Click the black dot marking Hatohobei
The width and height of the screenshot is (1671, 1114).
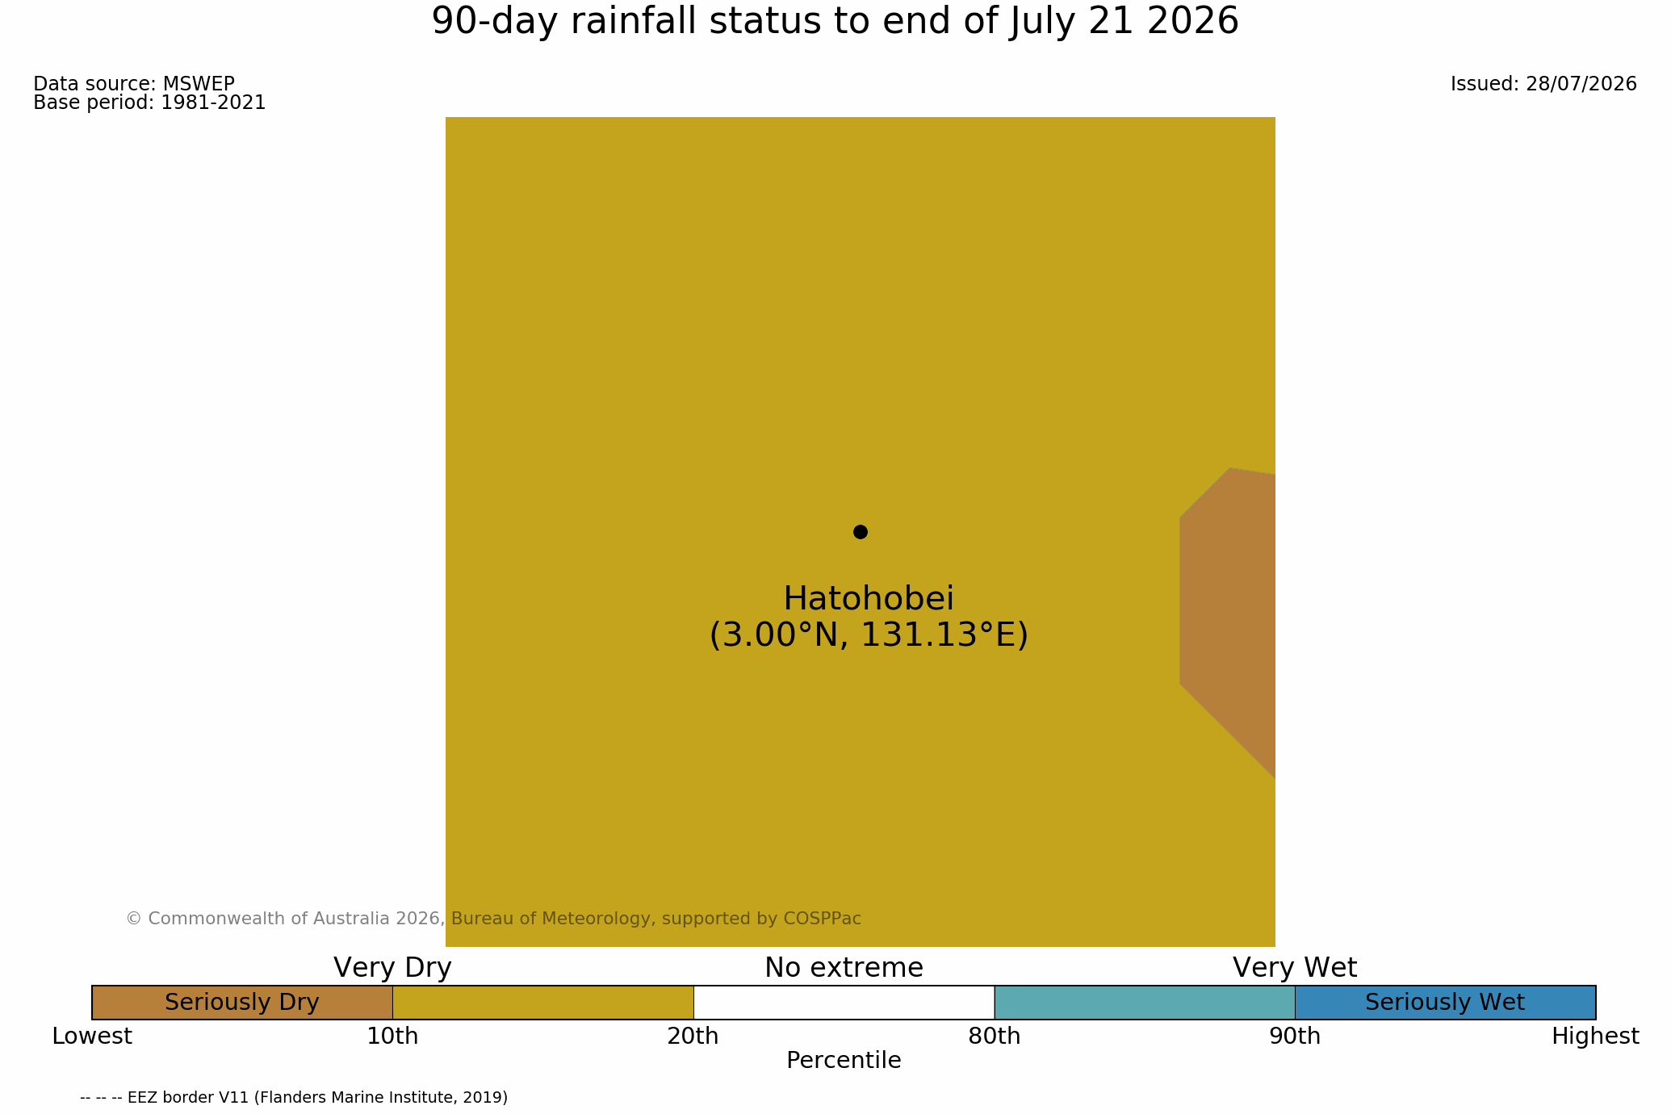(861, 532)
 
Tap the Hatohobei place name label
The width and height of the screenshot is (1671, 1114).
(869, 599)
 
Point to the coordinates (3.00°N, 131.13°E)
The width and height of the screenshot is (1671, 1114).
(869, 635)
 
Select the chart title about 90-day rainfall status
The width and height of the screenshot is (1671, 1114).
(835, 22)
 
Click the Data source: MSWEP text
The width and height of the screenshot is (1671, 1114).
(134, 84)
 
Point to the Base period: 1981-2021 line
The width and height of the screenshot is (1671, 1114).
(149, 103)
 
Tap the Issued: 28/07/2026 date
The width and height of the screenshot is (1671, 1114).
(1543, 84)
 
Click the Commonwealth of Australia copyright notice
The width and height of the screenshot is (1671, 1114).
(493, 919)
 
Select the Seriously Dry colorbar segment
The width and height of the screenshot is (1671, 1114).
(242, 1003)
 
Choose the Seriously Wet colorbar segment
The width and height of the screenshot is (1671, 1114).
(1445, 1003)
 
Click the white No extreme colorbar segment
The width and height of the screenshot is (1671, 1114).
(844, 1003)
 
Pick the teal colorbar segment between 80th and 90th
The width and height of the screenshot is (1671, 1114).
(1145, 1003)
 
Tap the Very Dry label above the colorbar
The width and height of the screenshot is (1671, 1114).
(392, 968)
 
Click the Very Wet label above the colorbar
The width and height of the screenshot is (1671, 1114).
(1295, 968)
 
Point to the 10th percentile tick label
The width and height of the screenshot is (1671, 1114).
(392, 1037)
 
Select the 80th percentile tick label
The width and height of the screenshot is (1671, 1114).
(995, 1037)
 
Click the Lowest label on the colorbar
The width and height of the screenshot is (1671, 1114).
(92, 1037)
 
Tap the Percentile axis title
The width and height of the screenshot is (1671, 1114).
(844, 1061)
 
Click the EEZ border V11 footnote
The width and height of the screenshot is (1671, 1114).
(294, 1098)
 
